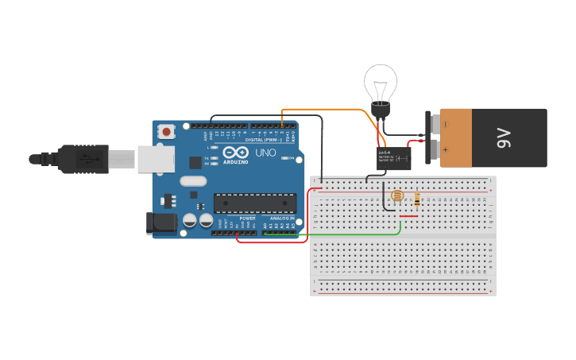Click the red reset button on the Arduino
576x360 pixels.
(x=166, y=130)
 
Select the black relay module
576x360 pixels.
(x=393, y=158)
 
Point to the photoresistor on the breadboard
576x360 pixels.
(x=397, y=195)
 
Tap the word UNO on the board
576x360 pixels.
(x=265, y=153)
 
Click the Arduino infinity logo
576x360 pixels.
(x=235, y=153)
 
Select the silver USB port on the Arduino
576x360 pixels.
(x=156, y=159)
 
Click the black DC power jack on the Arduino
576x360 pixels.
(x=162, y=223)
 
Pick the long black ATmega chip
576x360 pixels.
(x=254, y=203)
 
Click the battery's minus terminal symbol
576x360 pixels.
(x=445, y=124)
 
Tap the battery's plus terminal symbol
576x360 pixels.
(x=445, y=149)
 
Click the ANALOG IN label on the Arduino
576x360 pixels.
(x=282, y=218)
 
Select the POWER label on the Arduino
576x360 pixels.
(x=247, y=218)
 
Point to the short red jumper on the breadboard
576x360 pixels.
(x=408, y=216)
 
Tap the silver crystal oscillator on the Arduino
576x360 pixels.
(x=193, y=181)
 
